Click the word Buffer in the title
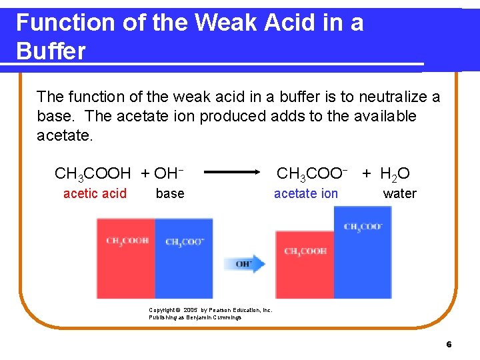click(51, 51)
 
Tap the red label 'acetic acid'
click(95, 193)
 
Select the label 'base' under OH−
click(170, 193)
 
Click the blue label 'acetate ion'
click(306, 193)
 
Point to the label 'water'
click(399, 193)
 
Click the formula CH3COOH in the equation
click(93, 175)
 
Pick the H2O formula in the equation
click(395, 175)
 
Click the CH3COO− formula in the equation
click(312, 175)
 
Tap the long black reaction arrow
click(232, 172)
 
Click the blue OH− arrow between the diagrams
click(245, 263)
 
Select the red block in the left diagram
click(126, 258)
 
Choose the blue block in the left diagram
click(184, 258)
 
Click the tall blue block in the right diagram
click(363, 252)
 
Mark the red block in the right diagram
click(305, 265)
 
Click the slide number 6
click(449, 345)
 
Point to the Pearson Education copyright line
click(211, 310)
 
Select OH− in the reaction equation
click(169, 175)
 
